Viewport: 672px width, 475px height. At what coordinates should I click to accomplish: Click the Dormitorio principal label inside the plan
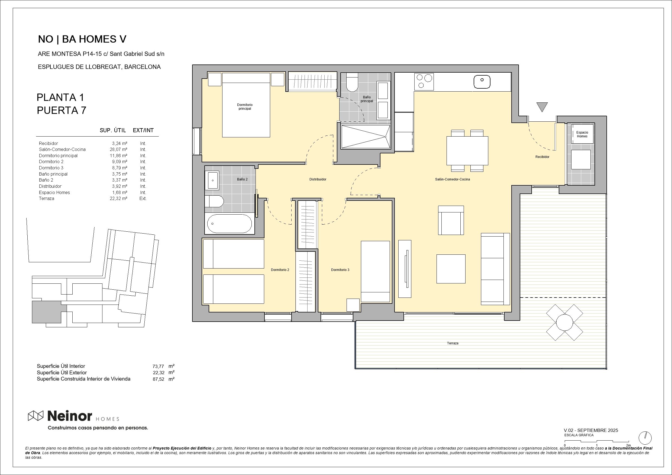point(245,106)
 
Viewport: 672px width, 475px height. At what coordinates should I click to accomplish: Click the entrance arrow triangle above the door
point(542,106)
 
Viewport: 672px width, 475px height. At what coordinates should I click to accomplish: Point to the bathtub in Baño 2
point(229,224)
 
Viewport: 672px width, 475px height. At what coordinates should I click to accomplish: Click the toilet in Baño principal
point(352,83)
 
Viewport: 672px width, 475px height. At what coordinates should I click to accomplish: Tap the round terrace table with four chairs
point(564,322)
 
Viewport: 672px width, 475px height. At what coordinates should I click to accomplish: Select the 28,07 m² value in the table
point(118,150)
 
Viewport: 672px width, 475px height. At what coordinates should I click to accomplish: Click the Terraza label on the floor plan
point(453,343)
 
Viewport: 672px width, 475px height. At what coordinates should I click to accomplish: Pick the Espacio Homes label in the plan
point(582,134)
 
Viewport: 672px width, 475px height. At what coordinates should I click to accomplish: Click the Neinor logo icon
point(35,416)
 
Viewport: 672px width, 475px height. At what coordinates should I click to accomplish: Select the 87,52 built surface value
point(158,379)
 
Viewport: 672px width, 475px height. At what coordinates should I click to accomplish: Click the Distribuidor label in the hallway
point(318,179)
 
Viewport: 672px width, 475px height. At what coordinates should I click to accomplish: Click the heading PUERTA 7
point(62,110)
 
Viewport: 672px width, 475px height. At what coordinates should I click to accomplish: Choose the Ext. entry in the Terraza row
point(143,198)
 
